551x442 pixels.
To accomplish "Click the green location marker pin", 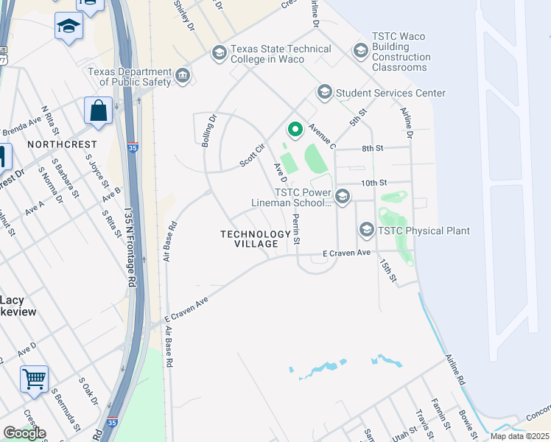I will point(295,130).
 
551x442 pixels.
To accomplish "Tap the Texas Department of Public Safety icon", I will point(182,76).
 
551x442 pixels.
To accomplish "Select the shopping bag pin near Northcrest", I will point(98,112).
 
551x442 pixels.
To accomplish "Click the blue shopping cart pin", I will point(34,380).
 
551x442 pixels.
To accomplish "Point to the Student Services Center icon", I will point(324,93).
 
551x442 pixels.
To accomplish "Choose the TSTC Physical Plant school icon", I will point(366,231).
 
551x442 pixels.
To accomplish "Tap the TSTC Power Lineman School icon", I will point(342,196).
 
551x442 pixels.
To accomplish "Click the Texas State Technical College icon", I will point(219,53).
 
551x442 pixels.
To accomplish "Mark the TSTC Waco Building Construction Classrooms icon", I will point(360,50).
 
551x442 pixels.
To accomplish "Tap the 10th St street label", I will point(373,182).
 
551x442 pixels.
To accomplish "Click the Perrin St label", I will point(296,229).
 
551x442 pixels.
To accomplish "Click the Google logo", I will point(24,433).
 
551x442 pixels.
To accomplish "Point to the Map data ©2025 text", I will point(519,436).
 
